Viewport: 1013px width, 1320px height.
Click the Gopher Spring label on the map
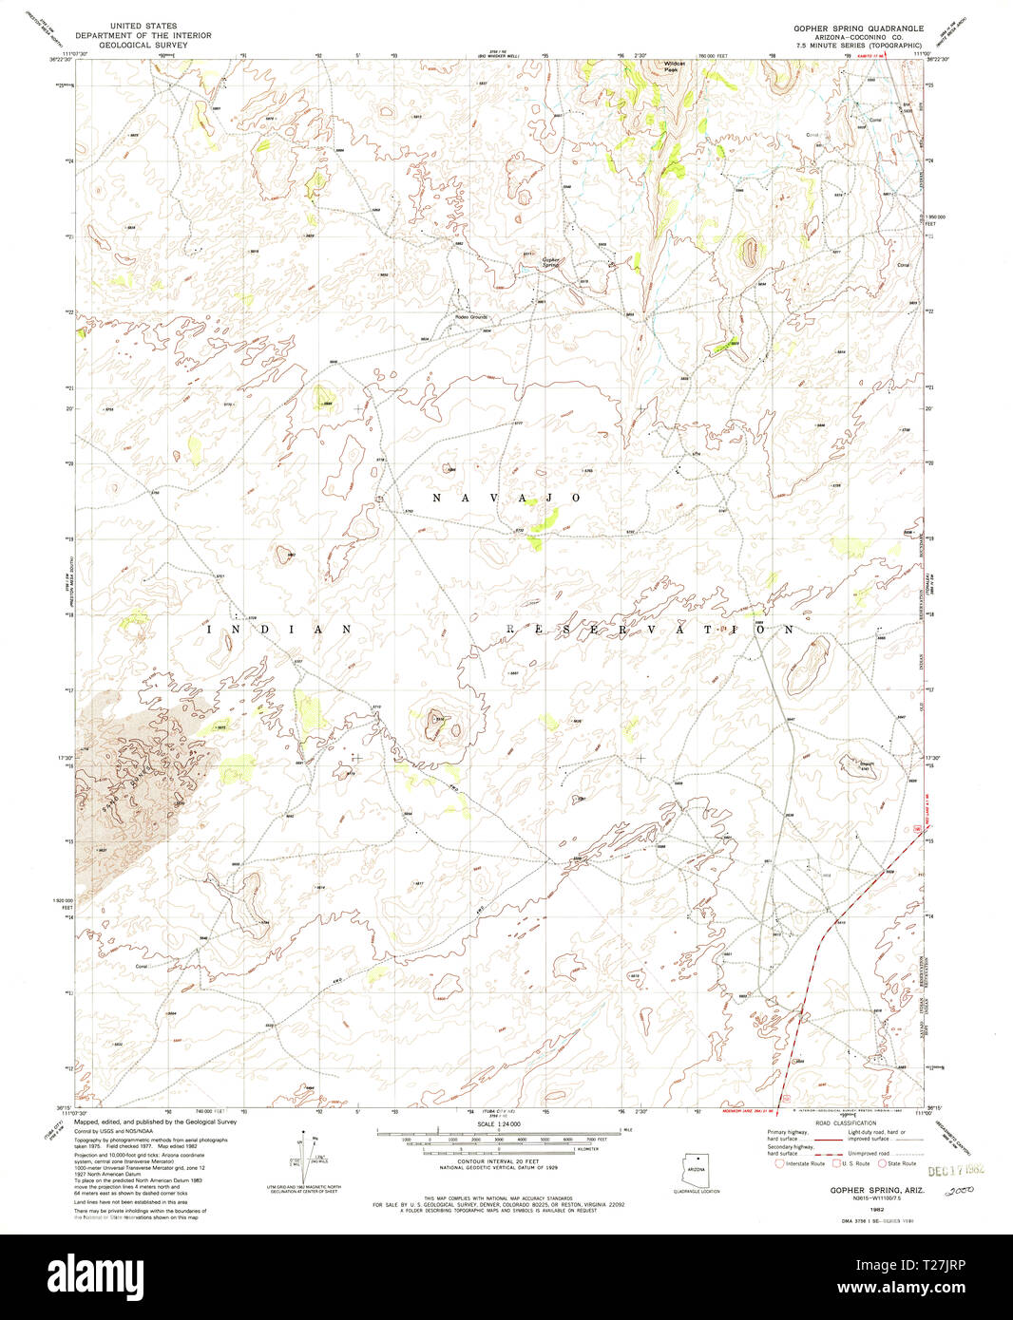tap(551, 261)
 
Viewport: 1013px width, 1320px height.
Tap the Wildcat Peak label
tap(674, 67)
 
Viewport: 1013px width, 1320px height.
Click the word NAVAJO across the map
tap(506, 498)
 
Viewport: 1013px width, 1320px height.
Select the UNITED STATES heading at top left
tap(143, 27)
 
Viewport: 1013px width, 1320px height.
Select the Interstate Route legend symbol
tap(780, 1163)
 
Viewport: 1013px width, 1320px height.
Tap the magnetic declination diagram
tap(304, 1156)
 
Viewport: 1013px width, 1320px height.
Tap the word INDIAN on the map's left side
tap(279, 629)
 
